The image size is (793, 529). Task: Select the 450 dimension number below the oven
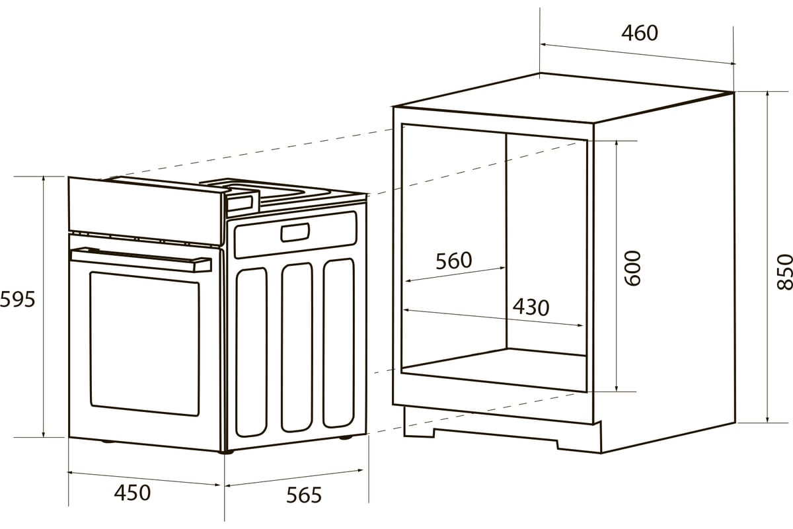(132, 493)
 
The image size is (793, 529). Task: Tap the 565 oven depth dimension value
(304, 495)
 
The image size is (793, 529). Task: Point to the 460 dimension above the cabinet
(640, 33)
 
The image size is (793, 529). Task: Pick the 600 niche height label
(632, 268)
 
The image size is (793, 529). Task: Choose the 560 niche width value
(453, 261)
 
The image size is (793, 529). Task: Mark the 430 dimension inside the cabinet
(531, 307)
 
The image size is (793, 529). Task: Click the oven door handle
(141, 259)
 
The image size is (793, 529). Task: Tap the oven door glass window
(145, 344)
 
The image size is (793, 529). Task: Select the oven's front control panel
(146, 210)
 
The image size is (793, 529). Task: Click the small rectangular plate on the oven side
(295, 233)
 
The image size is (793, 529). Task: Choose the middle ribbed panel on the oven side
(297, 347)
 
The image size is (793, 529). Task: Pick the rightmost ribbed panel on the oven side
(339, 343)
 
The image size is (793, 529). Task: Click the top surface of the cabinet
(564, 98)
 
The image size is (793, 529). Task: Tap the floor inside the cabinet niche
(494, 370)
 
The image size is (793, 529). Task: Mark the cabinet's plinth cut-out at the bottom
(496, 436)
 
